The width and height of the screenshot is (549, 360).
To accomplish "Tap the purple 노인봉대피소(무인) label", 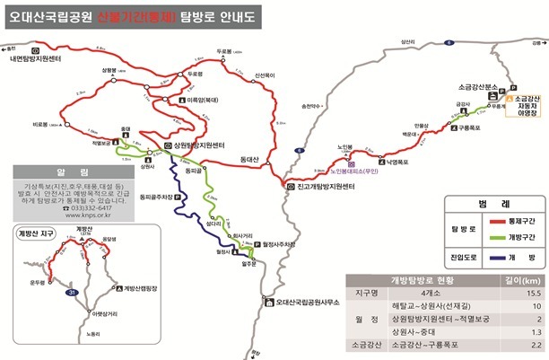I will pyautogui.click(x=335, y=171).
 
